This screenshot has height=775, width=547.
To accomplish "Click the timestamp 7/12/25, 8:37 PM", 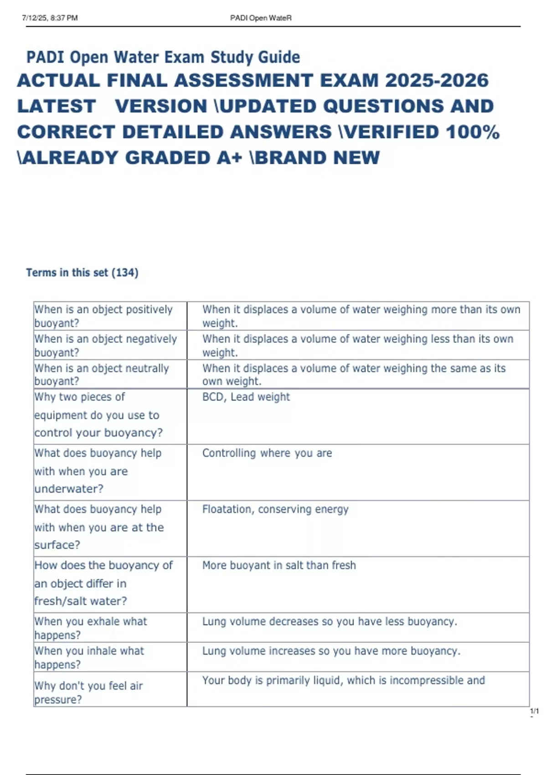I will click(50, 18).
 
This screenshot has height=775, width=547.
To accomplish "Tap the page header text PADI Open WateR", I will click(261, 18).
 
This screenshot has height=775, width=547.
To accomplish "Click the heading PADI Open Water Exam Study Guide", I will click(163, 57).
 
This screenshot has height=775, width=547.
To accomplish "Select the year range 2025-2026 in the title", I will click(437, 81).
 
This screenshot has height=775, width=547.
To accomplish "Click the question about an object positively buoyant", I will click(103, 316).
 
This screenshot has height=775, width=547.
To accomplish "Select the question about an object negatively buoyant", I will click(105, 346).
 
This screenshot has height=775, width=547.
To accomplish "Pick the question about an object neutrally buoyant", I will click(102, 374).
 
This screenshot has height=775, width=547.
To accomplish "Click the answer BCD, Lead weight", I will click(246, 397).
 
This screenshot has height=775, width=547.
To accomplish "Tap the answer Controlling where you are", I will click(267, 453).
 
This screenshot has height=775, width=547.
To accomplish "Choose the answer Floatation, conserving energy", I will click(275, 509).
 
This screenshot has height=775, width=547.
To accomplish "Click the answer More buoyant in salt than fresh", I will click(279, 565).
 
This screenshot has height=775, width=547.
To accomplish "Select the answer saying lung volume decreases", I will click(330, 622).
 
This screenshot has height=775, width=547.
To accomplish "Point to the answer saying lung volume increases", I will click(331, 651).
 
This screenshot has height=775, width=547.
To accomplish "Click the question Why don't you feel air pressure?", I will click(88, 692).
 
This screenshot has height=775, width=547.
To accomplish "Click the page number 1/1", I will click(534, 711).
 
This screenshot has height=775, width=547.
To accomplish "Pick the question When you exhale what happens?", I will click(91, 628).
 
